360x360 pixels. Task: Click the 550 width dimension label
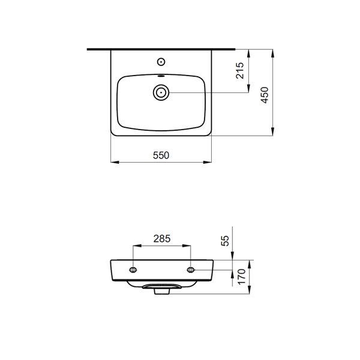[161, 155]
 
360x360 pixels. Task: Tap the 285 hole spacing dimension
[162, 239]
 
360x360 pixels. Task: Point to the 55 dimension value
[226, 241]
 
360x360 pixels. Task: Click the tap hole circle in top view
[161, 61]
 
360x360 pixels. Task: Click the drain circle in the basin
[161, 92]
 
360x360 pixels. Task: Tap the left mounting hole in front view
[133, 269]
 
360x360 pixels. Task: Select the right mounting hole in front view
[191, 269]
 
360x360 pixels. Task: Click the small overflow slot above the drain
[161, 77]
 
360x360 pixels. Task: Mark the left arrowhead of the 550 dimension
[113, 162]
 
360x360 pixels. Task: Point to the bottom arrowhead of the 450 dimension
[274, 134]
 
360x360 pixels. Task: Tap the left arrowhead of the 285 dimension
[134, 245]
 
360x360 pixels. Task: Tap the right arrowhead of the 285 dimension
[190, 245]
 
